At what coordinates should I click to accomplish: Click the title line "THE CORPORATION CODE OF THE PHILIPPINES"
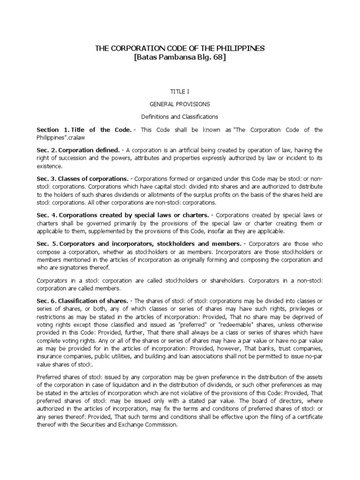(180, 48)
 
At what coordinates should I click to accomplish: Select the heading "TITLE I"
(180, 92)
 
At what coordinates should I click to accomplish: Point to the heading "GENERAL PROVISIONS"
(180, 104)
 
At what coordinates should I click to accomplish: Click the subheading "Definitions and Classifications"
(180, 116)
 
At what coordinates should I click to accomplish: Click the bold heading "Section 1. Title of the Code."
(80, 129)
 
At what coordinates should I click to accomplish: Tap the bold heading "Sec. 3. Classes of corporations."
(82, 179)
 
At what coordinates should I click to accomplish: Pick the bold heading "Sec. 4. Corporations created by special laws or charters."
(123, 215)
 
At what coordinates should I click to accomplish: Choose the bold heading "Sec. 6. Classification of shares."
(82, 300)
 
